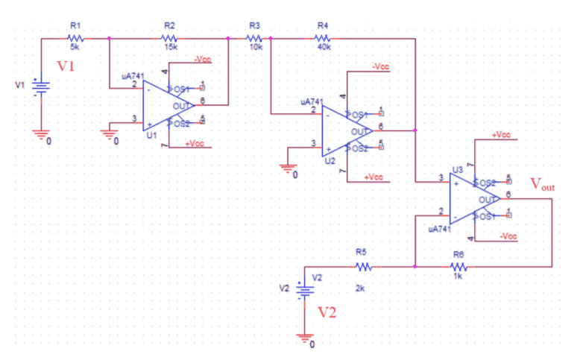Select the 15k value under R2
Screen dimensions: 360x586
[x=169, y=46]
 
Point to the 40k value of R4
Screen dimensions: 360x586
[x=324, y=46]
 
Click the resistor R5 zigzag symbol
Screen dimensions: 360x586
[x=363, y=265]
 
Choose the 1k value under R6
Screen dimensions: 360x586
[x=457, y=276]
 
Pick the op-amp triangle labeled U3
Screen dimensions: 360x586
[x=473, y=198]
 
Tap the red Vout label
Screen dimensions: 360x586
[x=542, y=184]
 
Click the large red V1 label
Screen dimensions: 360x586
[x=67, y=66]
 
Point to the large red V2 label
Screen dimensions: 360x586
[x=327, y=312]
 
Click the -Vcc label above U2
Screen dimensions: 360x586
[x=380, y=66]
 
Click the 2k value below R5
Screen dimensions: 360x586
[x=360, y=288]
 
